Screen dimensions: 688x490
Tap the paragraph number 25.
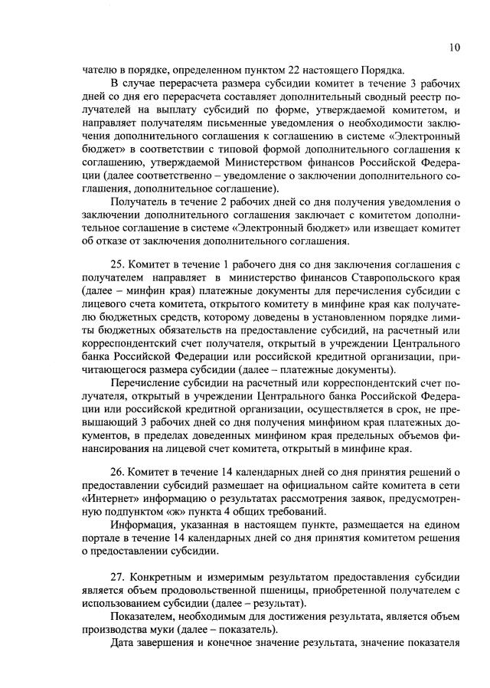click(x=119, y=264)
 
